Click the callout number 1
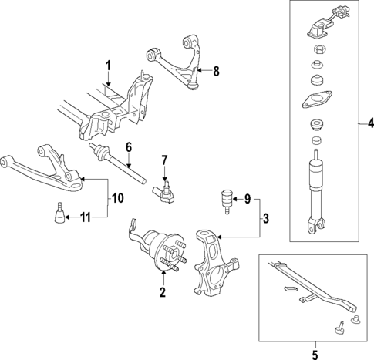click(x=109, y=66)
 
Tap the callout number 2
click(x=163, y=292)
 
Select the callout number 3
click(x=266, y=218)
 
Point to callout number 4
click(x=370, y=124)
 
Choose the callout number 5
click(x=315, y=355)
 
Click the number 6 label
click(x=129, y=147)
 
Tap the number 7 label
click(x=164, y=160)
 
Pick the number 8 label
click(x=217, y=71)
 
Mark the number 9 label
click(x=248, y=199)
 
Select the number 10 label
click(x=118, y=198)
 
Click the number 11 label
click(x=86, y=217)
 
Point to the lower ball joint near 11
click(x=59, y=213)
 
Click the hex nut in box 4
click(x=318, y=49)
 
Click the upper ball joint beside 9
click(x=226, y=201)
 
